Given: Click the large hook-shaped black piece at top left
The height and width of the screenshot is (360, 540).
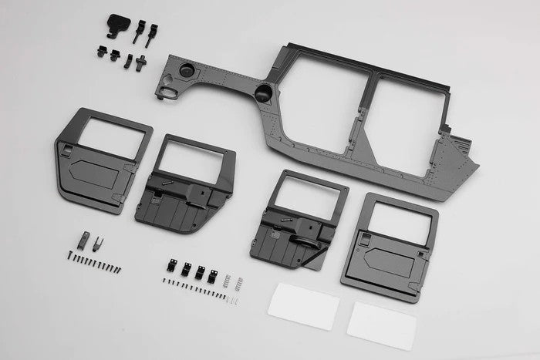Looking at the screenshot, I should pyautogui.click(x=116, y=25).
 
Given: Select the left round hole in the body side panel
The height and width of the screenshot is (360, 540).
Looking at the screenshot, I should pyautogui.click(x=187, y=71).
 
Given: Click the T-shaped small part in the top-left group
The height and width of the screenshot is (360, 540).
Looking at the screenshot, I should pyautogui.click(x=140, y=61).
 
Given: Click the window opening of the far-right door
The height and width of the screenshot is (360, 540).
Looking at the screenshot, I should pyautogui.click(x=399, y=224).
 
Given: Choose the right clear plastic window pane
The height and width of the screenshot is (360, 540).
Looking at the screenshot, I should pyautogui.click(x=381, y=324).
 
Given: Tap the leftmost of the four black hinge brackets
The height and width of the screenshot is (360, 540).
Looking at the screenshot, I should pyautogui.click(x=172, y=266).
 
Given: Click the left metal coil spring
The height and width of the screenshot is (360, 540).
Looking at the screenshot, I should pyautogui.click(x=227, y=278).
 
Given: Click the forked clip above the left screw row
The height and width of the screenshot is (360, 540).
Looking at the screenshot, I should pyautogui.click(x=98, y=244).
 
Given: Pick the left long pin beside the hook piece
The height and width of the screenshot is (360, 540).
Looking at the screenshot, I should pyautogui.click(x=139, y=33).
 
